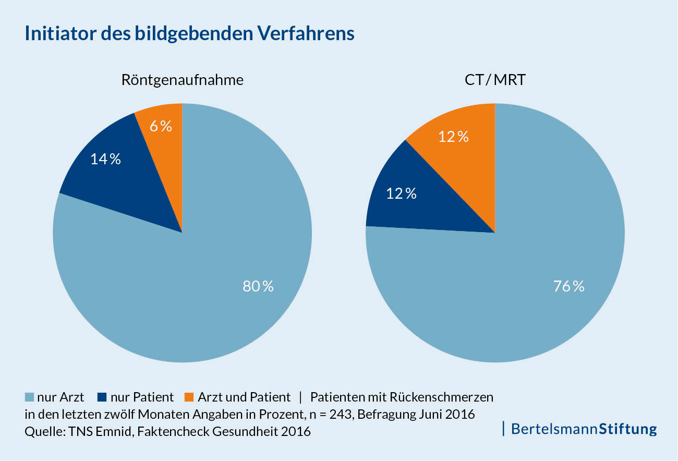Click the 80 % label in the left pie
point(258,286)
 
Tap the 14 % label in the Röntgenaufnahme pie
point(105,159)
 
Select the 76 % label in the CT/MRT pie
point(568,286)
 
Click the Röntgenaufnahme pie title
point(182,80)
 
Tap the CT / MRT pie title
point(494,80)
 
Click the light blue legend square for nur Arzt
point(29,397)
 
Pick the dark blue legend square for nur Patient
point(102,397)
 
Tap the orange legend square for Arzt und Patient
point(189,397)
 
